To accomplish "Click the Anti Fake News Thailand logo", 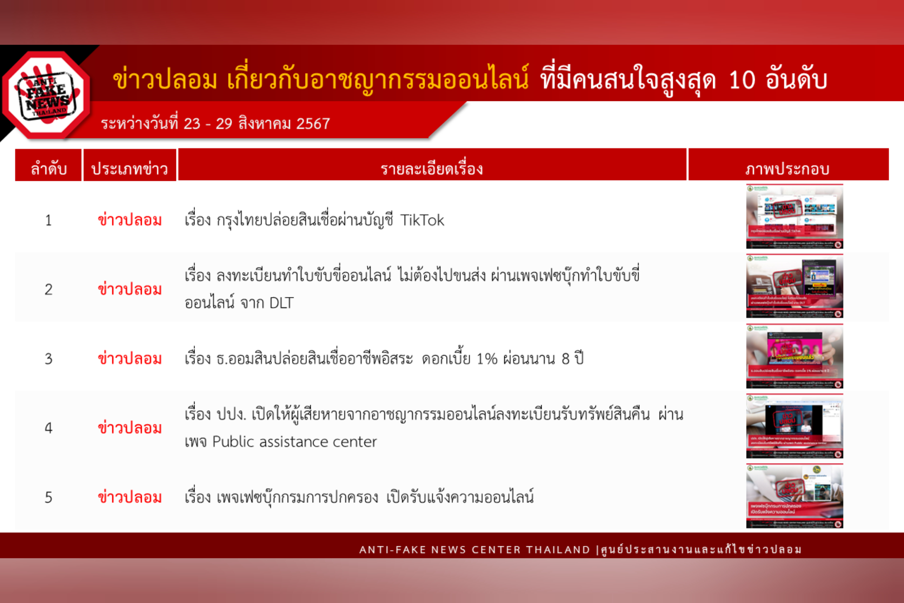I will (46, 94).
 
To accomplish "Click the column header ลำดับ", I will (49, 169).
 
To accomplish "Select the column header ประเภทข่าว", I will (130, 169).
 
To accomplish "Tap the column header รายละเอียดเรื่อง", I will (432, 169).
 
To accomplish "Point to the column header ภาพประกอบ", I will (787, 169).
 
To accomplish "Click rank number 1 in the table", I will (48, 220).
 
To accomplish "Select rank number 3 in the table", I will (48, 359).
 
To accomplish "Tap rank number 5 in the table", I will (48, 497).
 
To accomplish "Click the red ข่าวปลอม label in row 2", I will (130, 290).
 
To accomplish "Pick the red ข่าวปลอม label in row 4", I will (130, 428).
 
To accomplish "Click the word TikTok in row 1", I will (422, 220).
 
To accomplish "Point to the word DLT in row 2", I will (281, 303).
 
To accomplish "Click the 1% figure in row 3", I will (487, 359).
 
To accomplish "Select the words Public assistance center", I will (294, 442).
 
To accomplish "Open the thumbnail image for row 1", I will (794, 216).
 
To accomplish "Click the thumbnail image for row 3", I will (794, 356).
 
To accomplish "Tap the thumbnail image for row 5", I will (794, 496).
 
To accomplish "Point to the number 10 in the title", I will (741, 80).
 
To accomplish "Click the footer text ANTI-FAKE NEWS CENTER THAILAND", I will (474, 550).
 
